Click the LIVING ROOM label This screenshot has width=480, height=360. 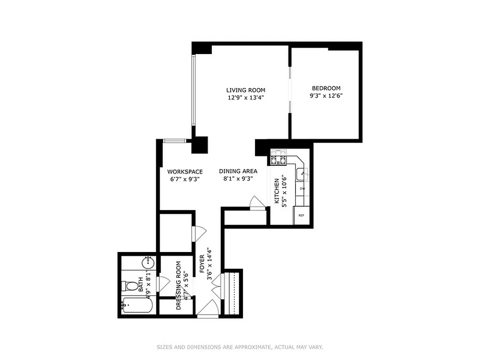[246, 90]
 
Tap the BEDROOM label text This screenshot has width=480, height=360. [326, 88]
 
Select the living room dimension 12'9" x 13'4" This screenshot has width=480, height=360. [246, 98]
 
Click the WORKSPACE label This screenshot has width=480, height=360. [185, 171]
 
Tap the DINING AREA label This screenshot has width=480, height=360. [238, 171]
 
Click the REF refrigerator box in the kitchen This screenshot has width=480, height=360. [301, 215]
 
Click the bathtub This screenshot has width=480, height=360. [137, 306]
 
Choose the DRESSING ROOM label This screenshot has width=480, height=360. [179, 285]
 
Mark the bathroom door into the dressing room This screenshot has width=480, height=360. [162, 285]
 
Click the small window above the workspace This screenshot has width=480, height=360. [175, 141]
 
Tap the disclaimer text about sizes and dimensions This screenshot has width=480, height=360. [240, 347]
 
